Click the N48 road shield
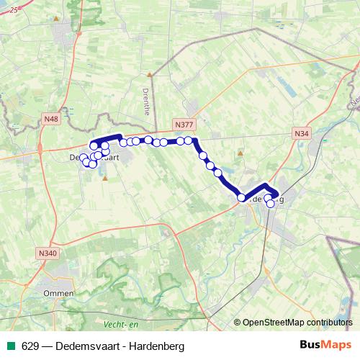coord(50,119)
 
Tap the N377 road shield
coord(184,124)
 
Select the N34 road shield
coord(301,133)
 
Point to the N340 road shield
coord(48,253)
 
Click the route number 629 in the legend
coord(30,346)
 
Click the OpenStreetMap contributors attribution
coord(293,322)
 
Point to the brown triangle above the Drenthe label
coord(150,73)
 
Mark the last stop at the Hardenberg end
coord(271,204)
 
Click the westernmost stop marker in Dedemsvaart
coord(84,158)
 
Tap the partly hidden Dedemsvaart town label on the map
coord(75,157)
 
